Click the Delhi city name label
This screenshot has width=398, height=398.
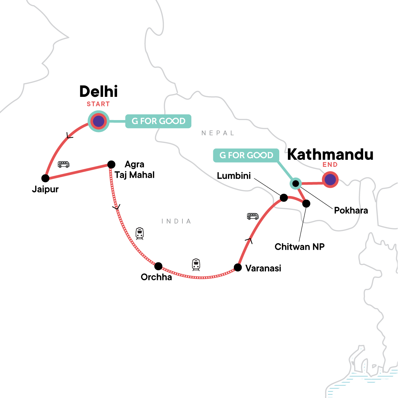(x=99, y=92)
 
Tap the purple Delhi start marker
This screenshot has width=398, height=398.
(x=99, y=121)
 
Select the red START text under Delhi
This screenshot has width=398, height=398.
(x=98, y=104)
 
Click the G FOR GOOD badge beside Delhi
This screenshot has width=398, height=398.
(x=158, y=121)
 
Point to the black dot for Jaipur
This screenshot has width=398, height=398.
(x=45, y=178)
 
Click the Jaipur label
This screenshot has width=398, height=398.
(x=45, y=189)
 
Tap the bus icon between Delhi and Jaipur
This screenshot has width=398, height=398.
(x=64, y=164)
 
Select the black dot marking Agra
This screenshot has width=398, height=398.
(x=111, y=165)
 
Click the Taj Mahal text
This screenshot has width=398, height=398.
(x=135, y=175)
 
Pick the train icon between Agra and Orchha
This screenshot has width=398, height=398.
(x=140, y=233)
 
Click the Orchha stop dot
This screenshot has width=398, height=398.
(x=159, y=266)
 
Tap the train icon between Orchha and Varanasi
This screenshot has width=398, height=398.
(x=196, y=265)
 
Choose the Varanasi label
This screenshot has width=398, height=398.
(x=263, y=268)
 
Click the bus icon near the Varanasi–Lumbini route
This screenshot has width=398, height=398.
(x=253, y=217)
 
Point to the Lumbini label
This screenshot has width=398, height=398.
(x=234, y=176)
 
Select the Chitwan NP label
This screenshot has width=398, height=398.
(x=299, y=247)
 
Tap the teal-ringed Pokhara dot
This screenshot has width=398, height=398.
(x=296, y=183)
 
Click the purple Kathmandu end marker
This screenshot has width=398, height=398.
(x=330, y=180)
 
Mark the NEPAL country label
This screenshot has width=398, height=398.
(x=218, y=133)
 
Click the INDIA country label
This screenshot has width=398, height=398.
(x=176, y=221)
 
